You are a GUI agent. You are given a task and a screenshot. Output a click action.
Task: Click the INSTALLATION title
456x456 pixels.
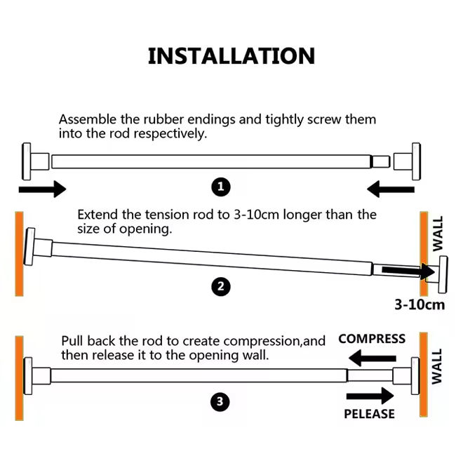[232, 56]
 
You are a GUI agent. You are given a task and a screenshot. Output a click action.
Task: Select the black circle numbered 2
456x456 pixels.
[221, 286]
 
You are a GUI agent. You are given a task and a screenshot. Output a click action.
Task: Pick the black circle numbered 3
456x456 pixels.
[221, 402]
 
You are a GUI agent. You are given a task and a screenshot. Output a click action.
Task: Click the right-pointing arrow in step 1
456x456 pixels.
[41, 189]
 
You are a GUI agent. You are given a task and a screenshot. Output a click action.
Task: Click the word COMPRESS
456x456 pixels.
[372, 339]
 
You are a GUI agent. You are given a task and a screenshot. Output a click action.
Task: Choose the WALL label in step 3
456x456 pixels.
[437, 366]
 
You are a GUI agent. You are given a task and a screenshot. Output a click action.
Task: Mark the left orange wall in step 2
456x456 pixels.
[18, 252]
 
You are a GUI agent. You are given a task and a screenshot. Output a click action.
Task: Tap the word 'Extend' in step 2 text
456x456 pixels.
[96, 214]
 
